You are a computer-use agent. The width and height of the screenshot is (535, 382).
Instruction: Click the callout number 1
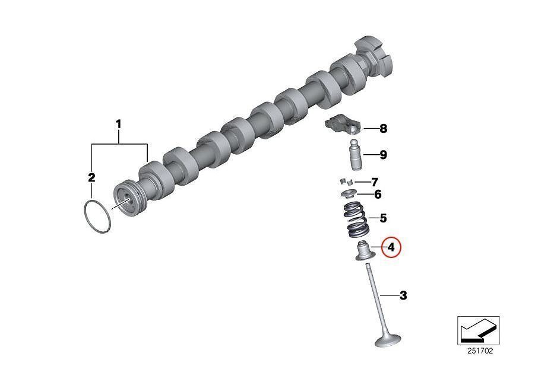tap(119, 125)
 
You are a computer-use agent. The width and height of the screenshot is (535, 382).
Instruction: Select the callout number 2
tap(91, 177)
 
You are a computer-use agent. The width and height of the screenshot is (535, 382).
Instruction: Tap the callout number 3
tap(403, 295)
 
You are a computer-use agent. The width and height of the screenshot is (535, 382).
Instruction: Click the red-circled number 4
tap(391, 247)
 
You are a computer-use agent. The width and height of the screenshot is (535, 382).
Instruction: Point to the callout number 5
tap(383, 218)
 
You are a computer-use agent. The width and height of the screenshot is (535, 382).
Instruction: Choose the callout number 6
tap(378, 195)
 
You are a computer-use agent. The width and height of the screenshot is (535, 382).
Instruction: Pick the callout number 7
tap(375, 182)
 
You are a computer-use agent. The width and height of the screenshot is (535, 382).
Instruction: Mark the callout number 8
tap(383, 129)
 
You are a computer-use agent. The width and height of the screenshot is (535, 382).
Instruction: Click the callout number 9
tap(383, 155)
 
